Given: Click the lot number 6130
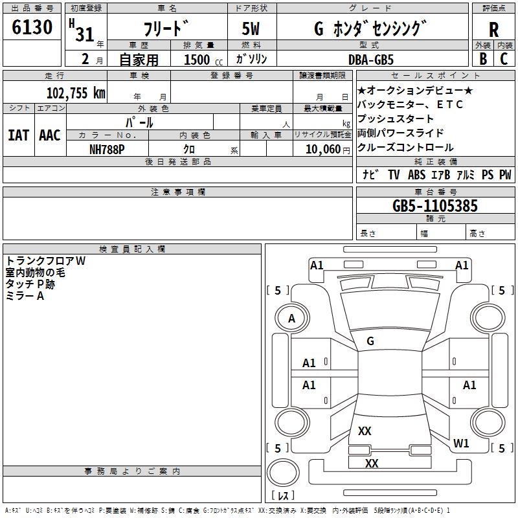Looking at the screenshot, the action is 32,27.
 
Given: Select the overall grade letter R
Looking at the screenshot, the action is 493,29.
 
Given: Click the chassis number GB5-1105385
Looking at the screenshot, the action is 435,207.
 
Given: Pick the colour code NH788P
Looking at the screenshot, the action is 107,149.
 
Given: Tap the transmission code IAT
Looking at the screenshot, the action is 18,135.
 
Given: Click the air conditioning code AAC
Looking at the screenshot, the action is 49,135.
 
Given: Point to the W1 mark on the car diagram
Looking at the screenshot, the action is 461,444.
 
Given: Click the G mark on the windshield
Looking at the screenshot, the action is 370,341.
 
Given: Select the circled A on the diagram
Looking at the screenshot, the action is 291,319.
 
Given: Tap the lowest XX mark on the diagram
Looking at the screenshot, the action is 372,464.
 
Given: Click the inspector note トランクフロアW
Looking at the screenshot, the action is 45,261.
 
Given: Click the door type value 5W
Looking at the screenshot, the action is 252,29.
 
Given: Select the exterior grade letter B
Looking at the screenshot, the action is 482,59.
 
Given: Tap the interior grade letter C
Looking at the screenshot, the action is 504,59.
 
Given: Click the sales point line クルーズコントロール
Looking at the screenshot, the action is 405,147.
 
